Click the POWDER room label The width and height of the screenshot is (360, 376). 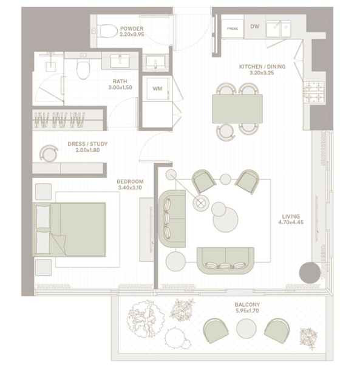click(x=132, y=29)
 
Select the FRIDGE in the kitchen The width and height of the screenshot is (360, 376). click(x=233, y=29)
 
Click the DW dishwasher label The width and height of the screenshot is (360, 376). click(x=255, y=26)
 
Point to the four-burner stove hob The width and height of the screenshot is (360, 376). click(x=314, y=93)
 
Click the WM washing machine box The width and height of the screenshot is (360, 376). click(x=157, y=89)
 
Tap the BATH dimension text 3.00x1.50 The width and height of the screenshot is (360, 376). click(x=120, y=87)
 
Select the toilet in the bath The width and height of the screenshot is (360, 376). click(x=83, y=69)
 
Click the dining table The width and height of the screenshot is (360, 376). click(x=237, y=109)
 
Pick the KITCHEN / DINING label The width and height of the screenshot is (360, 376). click(x=262, y=66)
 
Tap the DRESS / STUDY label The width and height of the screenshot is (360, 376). click(x=87, y=144)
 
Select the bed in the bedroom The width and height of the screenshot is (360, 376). click(x=69, y=230)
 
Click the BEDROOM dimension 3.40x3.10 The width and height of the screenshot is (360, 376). click(x=130, y=188)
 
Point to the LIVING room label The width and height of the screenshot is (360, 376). click(x=291, y=216)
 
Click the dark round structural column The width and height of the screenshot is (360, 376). click(x=310, y=273)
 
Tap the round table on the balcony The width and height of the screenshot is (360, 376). click(x=246, y=328)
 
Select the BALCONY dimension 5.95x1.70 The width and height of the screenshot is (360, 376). click(x=247, y=311)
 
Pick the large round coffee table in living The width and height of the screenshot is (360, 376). click(x=226, y=219)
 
